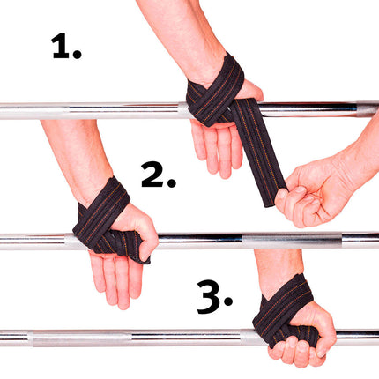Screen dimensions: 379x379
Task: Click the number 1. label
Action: tap(66, 46)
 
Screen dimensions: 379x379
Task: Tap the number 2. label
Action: tap(159, 174)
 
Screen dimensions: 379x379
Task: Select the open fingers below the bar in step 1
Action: tap(216, 145)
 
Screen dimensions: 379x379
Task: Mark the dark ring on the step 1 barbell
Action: tap(361, 109)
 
